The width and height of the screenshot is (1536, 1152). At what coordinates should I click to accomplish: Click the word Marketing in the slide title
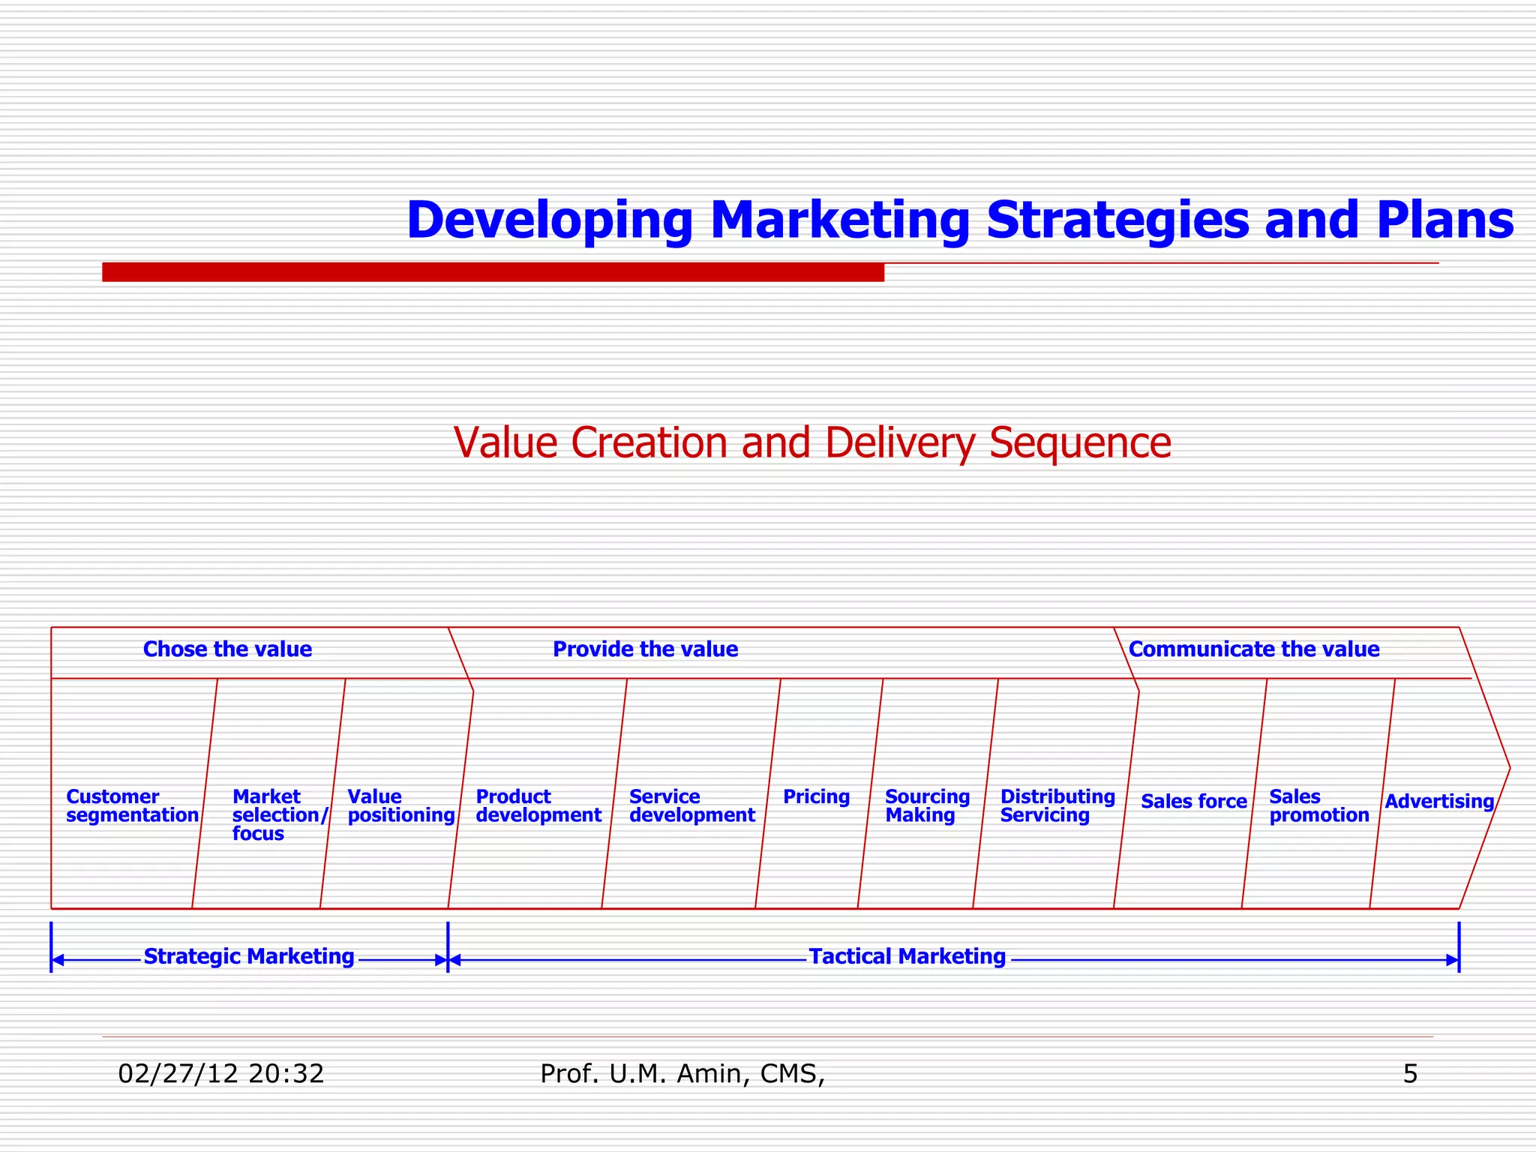(839, 220)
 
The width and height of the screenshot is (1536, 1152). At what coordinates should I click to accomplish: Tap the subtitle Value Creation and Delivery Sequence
(812, 442)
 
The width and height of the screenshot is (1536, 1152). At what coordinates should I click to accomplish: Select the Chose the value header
(227, 649)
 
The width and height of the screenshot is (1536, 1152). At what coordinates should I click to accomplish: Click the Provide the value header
(645, 649)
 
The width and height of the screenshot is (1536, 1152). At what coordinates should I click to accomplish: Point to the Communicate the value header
(1253, 649)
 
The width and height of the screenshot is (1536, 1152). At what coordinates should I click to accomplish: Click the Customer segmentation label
(132, 806)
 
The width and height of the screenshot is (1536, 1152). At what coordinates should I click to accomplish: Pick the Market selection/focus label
(279, 815)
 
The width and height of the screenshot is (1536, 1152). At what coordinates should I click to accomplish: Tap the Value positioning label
(400, 806)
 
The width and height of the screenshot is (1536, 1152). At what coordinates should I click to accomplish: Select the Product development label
(538, 806)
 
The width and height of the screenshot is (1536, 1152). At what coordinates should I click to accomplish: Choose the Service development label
(691, 806)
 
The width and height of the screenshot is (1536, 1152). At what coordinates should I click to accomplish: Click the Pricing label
(816, 797)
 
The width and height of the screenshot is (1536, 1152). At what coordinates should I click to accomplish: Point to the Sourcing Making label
(927, 806)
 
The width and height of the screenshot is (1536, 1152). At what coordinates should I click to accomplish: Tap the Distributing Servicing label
(1057, 806)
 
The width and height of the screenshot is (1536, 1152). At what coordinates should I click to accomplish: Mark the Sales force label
(1193, 802)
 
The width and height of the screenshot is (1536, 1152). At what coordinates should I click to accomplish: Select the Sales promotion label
(1318, 806)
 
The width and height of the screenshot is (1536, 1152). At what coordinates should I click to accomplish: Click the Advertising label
(1438, 802)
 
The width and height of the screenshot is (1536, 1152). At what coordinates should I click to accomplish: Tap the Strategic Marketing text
(248, 957)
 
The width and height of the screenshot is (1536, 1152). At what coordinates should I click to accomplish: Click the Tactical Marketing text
(907, 957)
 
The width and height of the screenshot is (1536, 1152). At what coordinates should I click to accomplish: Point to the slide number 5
(1410, 1075)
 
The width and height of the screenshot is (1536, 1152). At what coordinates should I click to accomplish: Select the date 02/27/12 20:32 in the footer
(221, 1075)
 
